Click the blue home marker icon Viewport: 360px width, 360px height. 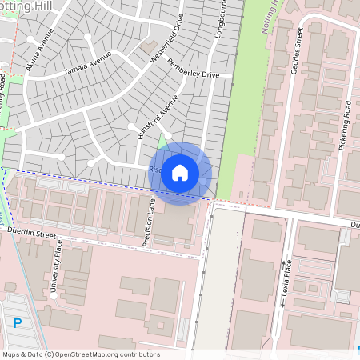coord(180,173)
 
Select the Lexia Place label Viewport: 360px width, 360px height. coord(287,278)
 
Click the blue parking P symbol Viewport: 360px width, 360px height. coord(18,322)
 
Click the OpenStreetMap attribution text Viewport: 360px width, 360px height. coord(80,354)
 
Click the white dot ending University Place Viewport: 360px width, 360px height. coord(53,294)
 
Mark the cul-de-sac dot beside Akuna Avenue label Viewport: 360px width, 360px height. coord(30,38)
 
